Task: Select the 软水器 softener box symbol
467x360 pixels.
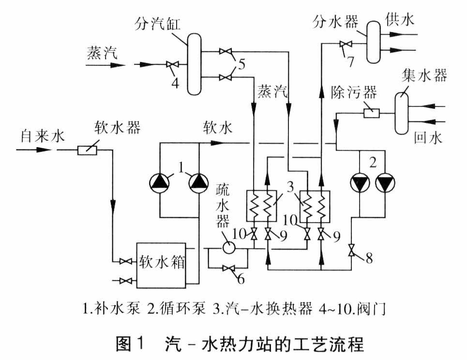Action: tap(88, 150)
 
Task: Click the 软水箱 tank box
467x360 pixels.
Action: tap(162, 264)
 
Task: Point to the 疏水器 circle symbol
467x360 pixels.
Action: tap(228, 247)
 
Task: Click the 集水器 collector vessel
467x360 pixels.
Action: tap(402, 113)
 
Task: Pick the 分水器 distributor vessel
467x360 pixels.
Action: tap(374, 42)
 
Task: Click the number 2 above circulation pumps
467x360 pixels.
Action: tap(373, 161)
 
